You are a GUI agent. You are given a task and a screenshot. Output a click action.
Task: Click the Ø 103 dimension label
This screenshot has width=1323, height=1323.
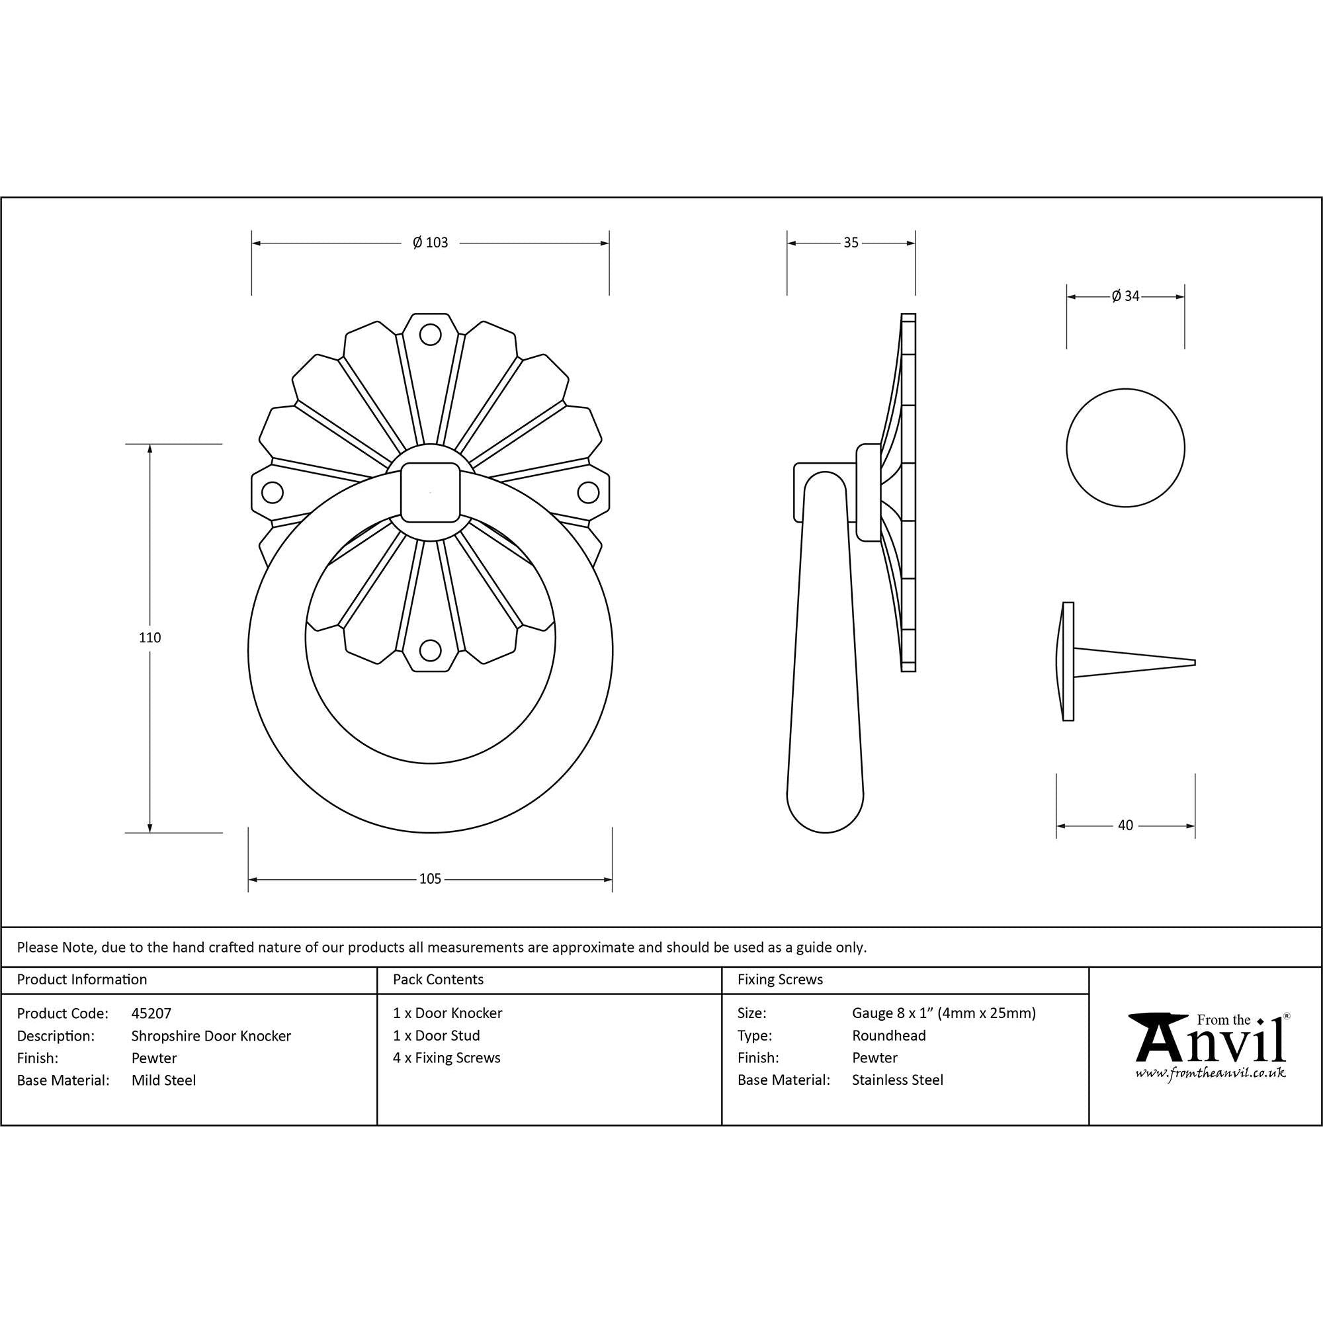point(430,242)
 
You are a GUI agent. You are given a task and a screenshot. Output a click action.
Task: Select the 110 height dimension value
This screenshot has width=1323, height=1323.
point(149,638)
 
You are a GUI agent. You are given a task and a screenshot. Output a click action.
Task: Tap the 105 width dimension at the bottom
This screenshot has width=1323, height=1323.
point(430,878)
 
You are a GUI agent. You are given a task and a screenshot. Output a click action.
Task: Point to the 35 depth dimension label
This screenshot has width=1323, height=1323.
point(851,242)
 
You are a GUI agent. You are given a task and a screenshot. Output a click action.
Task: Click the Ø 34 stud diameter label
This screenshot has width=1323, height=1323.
point(1125,296)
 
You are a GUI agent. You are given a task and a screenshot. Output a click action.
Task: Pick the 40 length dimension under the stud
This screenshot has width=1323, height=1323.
point(1125,825)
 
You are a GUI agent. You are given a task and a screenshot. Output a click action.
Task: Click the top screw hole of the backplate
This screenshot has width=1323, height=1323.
point(430,334)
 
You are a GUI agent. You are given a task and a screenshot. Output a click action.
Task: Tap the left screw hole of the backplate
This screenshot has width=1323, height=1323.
point(272,491)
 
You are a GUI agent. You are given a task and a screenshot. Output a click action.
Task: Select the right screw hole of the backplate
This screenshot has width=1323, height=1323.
point(588,491)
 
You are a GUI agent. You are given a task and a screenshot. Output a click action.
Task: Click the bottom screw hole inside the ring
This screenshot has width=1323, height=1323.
point(430,649)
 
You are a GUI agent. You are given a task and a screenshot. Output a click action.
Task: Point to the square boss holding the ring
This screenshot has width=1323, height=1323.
point(429,492)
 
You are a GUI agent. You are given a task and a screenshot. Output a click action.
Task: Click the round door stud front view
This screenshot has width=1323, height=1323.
point(1125,448)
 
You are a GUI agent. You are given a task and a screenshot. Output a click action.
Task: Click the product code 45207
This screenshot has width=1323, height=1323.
point(151,1013)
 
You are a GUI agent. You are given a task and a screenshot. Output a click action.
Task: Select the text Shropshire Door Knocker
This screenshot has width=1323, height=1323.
point(211,1035)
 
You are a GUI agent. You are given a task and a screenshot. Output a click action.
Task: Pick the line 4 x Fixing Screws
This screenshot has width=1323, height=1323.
point(447,1057)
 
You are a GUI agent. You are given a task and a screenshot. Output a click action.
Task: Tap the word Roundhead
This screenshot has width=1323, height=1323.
point(888,1035)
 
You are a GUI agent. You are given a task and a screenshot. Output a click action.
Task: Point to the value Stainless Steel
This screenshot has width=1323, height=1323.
point(897,1080)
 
